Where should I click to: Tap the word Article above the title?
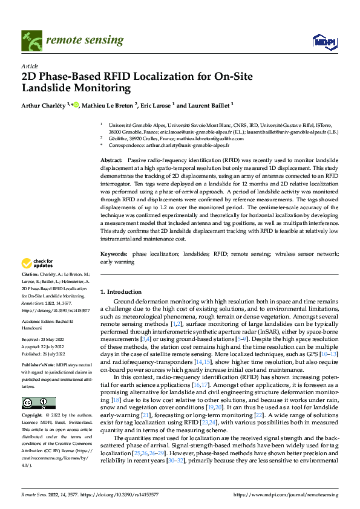pos(30,66)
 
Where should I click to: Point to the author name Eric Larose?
pos(159,105)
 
